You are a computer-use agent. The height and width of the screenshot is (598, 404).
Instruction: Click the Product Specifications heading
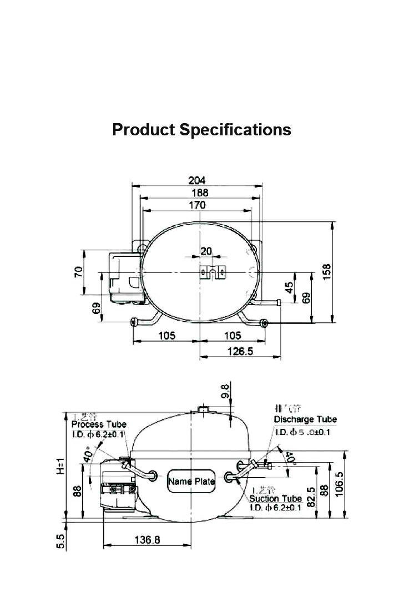pyautogui.click(x=201, y=130)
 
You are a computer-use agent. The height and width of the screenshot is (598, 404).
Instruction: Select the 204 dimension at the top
pyautogui.click(x=196, y=180)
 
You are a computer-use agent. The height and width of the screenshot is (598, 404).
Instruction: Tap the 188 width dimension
pyautogui.click(x=200, y=192)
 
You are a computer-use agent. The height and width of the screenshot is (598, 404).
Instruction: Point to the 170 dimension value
pyautogui.click(x=196, y=205)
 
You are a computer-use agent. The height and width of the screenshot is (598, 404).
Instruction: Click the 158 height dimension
pyautogui.click(x=327, y=272)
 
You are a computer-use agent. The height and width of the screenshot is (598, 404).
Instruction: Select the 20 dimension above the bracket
pyautogui.click(x=206, y=251)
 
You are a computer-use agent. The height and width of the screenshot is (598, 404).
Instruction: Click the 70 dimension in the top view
pyautogui.click(x=79, y=272)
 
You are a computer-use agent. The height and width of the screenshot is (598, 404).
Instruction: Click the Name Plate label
pyautogui.click(x=191, y=482)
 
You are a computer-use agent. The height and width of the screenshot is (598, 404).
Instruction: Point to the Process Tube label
pyautogui.click(x=99, y=424)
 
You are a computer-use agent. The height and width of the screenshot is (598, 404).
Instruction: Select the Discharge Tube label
pyautogui.click(x=305, y=419)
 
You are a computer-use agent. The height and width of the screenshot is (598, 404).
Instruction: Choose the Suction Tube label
pyautogui.click(x=276, y=499)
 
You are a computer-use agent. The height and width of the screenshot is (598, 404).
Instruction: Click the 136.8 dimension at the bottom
pyautogui.click(x=147, y=540)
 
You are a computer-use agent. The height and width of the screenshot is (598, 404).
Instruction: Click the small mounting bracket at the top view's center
pyautogui.click(x=212, y=272)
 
